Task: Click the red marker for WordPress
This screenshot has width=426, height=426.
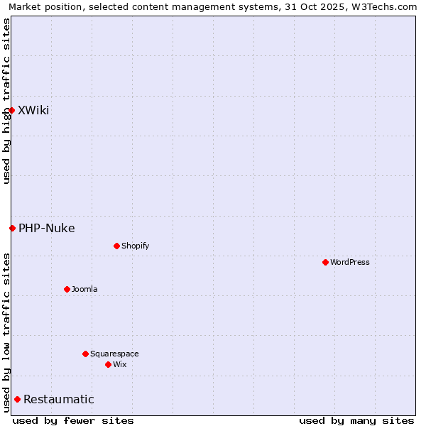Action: [x=325, y=262]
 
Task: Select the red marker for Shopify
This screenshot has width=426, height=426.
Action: [x=116, y=246]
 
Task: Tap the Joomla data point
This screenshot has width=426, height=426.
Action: [x=67, y=289]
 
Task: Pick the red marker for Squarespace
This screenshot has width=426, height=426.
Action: [x=85, y=354]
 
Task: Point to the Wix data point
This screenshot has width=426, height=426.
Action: [x=108, y=364]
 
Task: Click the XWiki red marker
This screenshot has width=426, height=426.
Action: [x=11, y=110]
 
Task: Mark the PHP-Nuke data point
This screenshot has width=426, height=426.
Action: [x=12, y=228]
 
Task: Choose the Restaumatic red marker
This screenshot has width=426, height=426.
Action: [x=17, y=399]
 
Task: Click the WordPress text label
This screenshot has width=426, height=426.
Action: [x=350, y=262]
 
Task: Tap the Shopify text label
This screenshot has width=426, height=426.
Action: [x=136, y=246]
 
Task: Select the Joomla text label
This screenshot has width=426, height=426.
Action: [x=84, y=289]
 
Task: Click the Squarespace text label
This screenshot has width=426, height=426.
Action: [x=114, y=354]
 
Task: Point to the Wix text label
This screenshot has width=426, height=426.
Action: [x=120, y=364]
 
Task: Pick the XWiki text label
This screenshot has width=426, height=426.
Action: [x=33, y=110]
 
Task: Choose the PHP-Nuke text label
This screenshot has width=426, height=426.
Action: [x=47, y=228]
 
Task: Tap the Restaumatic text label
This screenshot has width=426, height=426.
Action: [x=59, y=399]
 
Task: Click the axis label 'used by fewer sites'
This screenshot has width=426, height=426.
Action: [x=73, y=420]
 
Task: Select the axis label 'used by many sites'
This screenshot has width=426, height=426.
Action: [x=356, y=420]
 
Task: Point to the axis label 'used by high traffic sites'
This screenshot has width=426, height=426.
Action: [x=6, y=101]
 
